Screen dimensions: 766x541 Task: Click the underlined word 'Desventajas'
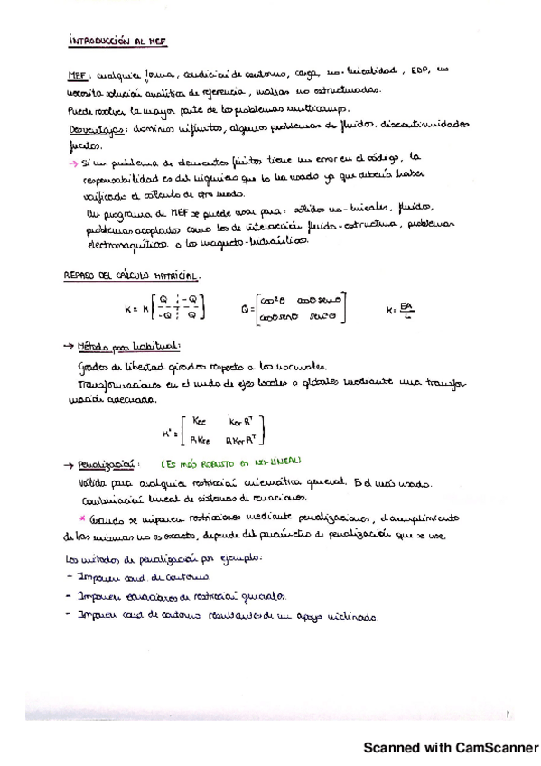pyautogui.click(x=93, y=129)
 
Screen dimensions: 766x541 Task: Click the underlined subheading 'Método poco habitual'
pyautogui.click(x=124, y=345)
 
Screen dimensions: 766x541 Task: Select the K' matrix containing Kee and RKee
pyautogui.click(x=223, y=429)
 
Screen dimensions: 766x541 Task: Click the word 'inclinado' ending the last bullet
pyautogui.click(x=340, y=617)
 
